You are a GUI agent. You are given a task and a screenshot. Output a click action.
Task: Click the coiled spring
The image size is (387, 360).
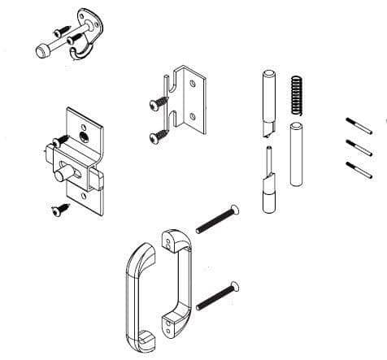pos(296,94)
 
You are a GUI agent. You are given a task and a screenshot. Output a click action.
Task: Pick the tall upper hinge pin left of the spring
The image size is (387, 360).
pos(267,102)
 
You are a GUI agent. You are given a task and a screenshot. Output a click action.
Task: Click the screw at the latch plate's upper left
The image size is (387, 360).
pos(54,144)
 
